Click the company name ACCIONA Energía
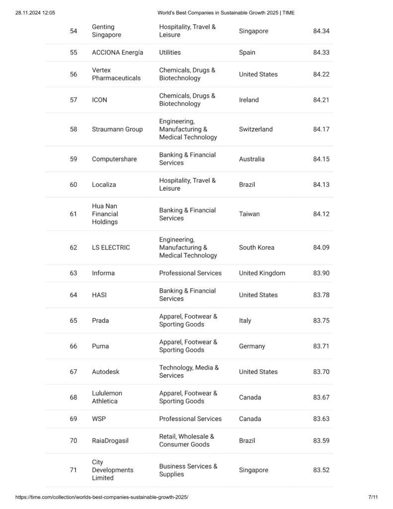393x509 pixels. [117, 53]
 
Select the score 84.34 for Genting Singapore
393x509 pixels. [321, 31]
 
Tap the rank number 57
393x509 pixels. [74, 100]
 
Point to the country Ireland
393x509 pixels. [248, 100]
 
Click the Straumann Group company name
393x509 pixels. [117, 129]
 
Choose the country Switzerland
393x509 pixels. [255, 129]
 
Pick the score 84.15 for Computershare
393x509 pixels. [321, 159]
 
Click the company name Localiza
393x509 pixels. [104, 184]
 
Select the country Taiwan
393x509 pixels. [249, 214]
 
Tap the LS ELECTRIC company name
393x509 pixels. [111, 248]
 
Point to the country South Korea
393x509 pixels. [256, 248]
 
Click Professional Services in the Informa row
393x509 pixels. [190, 273]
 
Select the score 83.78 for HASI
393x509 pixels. [321, 295]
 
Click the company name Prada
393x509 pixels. [100, 321]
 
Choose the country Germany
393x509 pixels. [252, 346]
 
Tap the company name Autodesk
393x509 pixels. [105, 372]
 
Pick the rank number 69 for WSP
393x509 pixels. [74, 419]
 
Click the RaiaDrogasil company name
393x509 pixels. [110, 441]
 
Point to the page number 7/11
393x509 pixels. [373, 497]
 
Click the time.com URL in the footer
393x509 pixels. [102, 497]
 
